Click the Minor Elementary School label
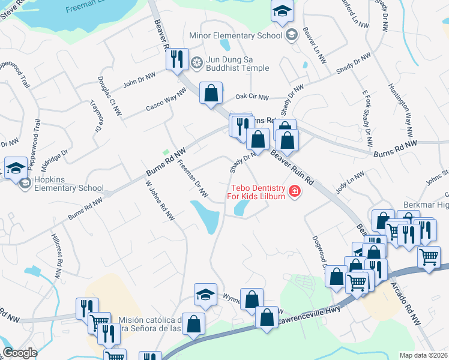[235, 35]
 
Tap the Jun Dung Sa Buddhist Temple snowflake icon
[196, 62]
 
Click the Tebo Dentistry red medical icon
[294, 192]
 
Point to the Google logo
[20, 353]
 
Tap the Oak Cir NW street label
[251, 97]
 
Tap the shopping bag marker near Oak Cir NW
[211, 94]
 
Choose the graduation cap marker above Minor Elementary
[282, 11]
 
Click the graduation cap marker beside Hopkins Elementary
[15, 167]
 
